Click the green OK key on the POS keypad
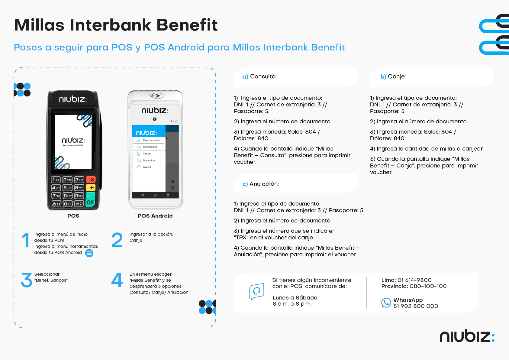click(90, 199)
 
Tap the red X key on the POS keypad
click(91, 180)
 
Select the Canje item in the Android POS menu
click(147, 154)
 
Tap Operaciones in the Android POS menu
click(151, 140)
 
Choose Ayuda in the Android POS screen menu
click(147, 167)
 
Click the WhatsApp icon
click(386, 303)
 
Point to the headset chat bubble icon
click(256, 291)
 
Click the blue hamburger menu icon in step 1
click(89, 253)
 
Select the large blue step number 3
click(27, 280)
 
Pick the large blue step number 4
click(117, 280)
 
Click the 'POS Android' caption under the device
click(155, 216)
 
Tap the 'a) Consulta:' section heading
click(259, 76)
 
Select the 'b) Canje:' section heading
click(393, 76)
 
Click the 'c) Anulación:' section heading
click(261, 184)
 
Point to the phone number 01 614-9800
click(414, 280)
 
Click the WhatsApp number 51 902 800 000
click(416, 306)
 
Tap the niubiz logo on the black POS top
click(73, 99)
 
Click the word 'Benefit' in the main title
click(187, 25)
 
